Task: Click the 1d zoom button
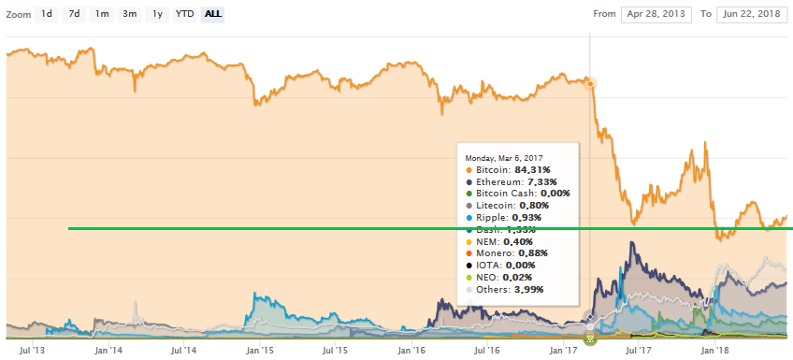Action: point(46,14)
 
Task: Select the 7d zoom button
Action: point(74,14)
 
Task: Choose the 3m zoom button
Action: point(130,14)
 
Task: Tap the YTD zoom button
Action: point(185,14)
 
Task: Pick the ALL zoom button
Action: point(213,14)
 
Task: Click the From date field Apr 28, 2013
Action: point(656,15)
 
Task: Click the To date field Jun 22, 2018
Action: point(751,15)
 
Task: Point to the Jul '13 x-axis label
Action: point(34,352)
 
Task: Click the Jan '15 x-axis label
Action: point(259,352)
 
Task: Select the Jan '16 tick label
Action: point(412,352)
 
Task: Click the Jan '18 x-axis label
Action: point(716,352)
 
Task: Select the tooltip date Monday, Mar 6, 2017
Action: point(504,158)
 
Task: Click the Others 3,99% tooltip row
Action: point(511,289)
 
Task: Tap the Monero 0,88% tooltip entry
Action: point(512,252)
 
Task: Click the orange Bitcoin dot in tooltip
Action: point(469,170)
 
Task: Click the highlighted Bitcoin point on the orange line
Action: point(590,83)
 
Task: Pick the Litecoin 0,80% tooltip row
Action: point(512,205)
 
